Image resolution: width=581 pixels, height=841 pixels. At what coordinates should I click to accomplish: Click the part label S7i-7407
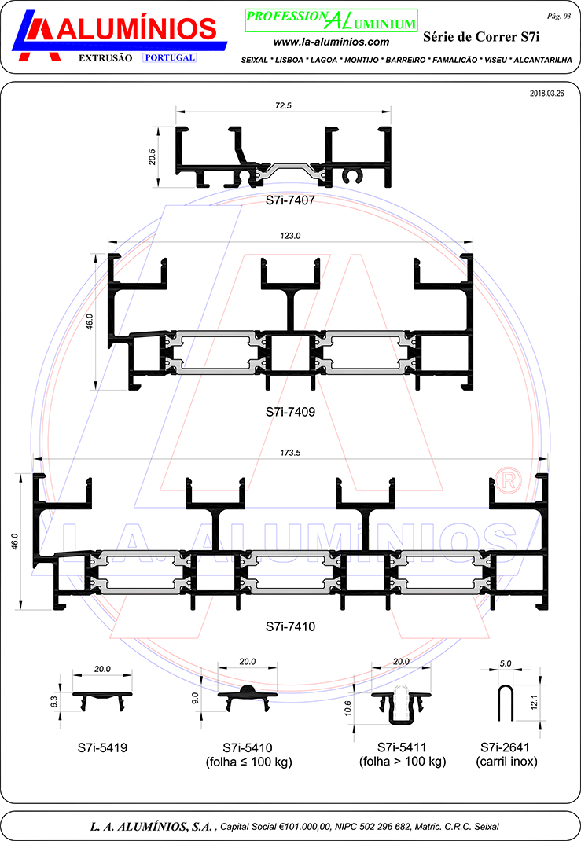click(290, 200)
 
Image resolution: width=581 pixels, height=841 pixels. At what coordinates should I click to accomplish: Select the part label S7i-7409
click(290, 412)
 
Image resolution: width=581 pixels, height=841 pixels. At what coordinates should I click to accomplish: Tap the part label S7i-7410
click(290, 626)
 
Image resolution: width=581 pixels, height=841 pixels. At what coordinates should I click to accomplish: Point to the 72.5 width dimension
click(283, 105)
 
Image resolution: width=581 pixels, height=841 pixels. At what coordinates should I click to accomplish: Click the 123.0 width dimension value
click(290, 236)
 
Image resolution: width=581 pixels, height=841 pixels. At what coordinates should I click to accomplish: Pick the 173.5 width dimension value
click(290, 453)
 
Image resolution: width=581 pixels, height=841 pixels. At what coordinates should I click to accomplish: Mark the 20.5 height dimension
click(153, 156)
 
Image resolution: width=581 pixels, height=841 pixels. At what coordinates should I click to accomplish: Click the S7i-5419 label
click(102, 747)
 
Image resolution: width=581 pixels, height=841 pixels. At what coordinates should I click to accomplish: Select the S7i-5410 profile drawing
click(248, 696)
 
